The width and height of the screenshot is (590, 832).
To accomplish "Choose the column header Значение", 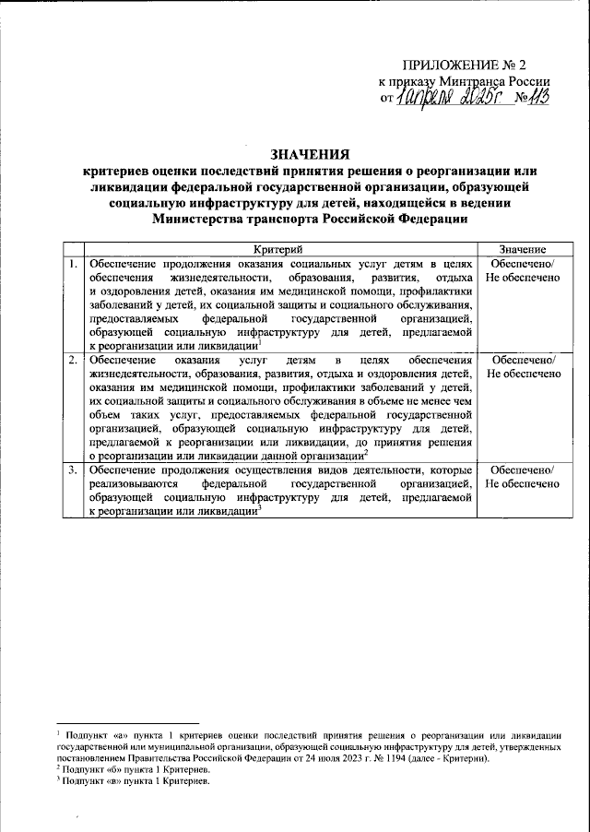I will (524, 250).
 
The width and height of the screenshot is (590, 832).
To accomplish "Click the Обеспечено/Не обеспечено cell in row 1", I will (524, 272).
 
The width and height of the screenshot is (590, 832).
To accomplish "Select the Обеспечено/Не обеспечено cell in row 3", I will (524, 477).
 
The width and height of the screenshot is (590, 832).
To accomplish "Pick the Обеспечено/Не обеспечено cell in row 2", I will (524, 366).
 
